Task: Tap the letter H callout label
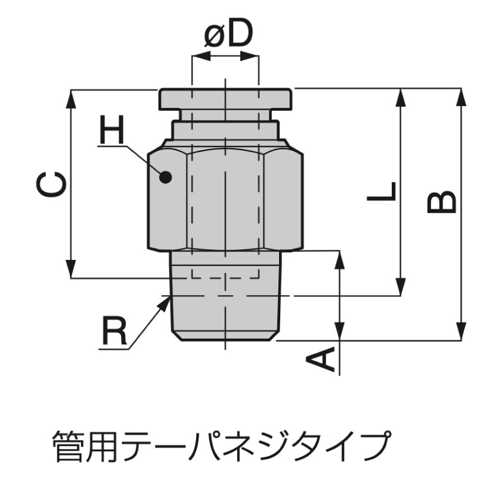coord(112,129)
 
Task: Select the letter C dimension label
coord(51,184)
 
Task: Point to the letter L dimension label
coord(382,191)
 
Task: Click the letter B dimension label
coord(442,202)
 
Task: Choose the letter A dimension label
coord(320,360)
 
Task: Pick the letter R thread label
coord(114,331)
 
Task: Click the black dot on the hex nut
coord(166,176)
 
